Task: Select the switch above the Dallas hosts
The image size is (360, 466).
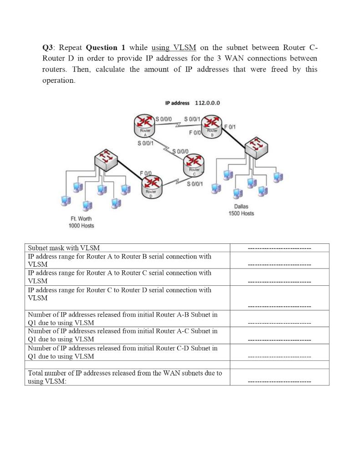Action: click(256, 147)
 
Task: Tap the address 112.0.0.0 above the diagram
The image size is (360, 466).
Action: click(207, 103)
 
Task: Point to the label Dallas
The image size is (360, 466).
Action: click(241, 207)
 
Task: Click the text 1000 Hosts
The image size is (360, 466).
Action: click(81, 226)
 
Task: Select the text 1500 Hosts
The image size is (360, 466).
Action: click(241, 213)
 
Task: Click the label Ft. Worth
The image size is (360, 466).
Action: click(81, 219)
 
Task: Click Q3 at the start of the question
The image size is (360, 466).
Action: click(48, 48)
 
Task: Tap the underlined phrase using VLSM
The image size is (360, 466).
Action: click(174, 48)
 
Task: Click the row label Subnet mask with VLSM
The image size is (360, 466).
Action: click(64, 248)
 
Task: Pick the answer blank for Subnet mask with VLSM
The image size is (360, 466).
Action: click(279, 248)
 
